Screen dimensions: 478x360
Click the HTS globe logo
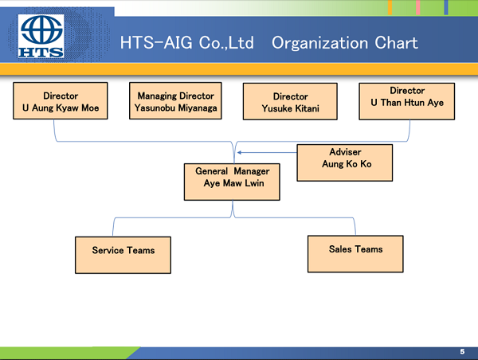pyautogui.click(x=41, y=36)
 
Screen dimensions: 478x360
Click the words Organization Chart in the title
pyautogui.click(x=344, y=43)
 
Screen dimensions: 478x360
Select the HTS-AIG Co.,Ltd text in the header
pyautogui.click(x=186, y=42)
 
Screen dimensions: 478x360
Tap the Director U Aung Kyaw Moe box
pyautogui.click(x=61, y=100)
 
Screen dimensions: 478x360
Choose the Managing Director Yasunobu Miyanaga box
pyautogui.click(x=175, y=100)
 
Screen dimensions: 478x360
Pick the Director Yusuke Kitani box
pyautogui.click(x=290, y=101)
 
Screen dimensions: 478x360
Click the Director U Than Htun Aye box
pyautogui.click(x=407, y=101)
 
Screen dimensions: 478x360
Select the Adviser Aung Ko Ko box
pyautogui.click(x=345, y=162)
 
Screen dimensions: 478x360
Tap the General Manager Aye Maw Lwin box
pyautogui.click(x=232, y=182)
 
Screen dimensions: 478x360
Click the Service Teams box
pyautogui.click(x=123, y=255)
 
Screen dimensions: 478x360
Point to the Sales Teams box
pyautogui.click(x=355, y=254)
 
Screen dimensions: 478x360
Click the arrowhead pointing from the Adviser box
pyautogui.click(x=239, y=152)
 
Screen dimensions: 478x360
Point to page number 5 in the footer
pyautogui.click(x=462, y=352)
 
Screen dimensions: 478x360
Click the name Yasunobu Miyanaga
pyautogui.click(x=175, y=108)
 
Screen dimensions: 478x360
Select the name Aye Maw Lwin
pyautogui.click(x=233, y=183)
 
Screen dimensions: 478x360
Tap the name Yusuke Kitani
pyautogui.click(x=291, y=108)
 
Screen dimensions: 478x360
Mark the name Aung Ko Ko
pyautogui.click(x=347, y=164)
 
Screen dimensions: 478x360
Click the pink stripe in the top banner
pyautogui.click(x=418, y=7)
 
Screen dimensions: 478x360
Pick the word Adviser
pyautogui.click(x=346, y=152)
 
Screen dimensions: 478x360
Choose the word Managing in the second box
pyautogui.click(x=156, y=96)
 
